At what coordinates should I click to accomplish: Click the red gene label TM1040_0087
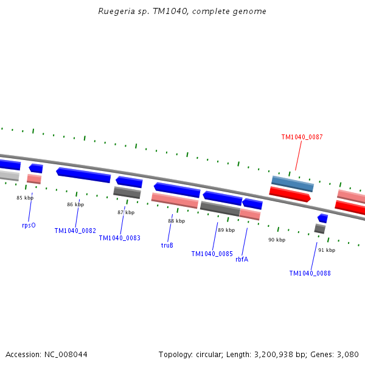point(302,137)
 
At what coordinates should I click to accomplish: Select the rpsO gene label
point(29,225)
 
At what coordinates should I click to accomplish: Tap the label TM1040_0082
point(75,231)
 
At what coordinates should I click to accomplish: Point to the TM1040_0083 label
point(119,238)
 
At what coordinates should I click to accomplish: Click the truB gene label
point(167,246)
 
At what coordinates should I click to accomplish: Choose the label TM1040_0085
point(212,254)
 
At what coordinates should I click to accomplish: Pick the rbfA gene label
point(242,259)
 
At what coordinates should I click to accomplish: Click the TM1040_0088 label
point(310,274)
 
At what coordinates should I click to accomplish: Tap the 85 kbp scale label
point(25,198)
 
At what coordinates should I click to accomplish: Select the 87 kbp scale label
point(126,212)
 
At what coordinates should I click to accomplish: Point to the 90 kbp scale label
point(277,240)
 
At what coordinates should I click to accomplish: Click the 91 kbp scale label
point(327,250)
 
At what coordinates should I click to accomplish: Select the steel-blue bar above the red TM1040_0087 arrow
point(292,183)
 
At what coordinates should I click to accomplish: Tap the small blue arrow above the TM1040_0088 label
point(322,218)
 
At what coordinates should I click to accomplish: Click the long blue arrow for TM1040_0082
point(83,175)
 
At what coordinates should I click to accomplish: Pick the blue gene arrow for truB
point(177,190)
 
